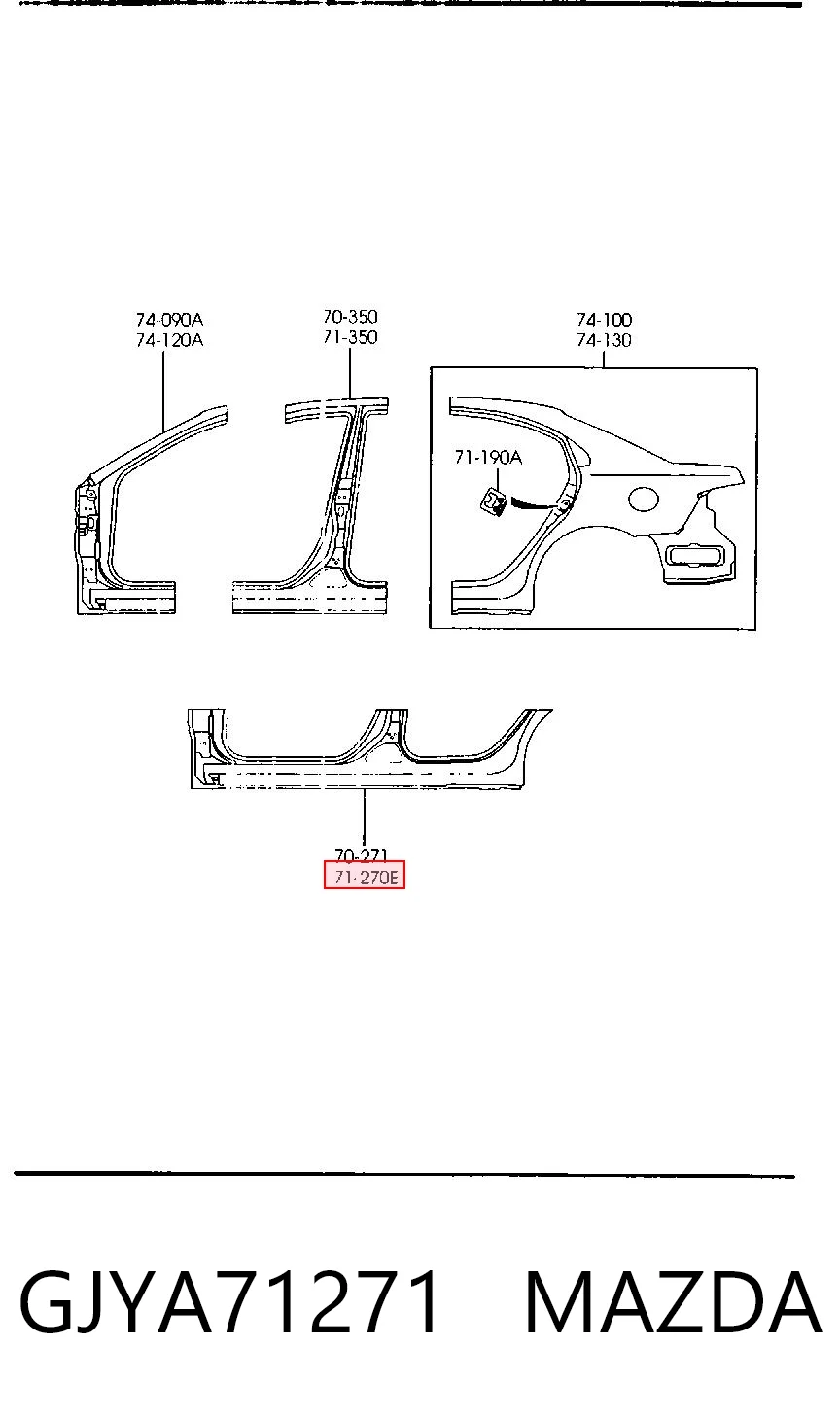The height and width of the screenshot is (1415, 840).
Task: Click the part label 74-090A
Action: (x=169, y=320)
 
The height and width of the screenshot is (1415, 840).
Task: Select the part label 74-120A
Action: (x=169, y=340)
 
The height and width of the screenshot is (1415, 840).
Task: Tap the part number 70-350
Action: (x=350, y=317)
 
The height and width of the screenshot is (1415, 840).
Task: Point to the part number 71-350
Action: (x=350, y=337)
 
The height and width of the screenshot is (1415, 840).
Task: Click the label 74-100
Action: (x=604, y=320)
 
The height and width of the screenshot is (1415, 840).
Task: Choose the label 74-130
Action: (x=604, y=340)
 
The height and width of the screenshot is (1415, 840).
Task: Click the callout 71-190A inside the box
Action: (x=488, y=457)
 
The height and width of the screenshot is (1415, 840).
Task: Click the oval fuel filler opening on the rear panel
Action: (x=644, y=500)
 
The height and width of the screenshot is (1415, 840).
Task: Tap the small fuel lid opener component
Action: (x=494, y=503)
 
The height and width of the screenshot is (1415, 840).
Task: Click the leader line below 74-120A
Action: (x=163, y=392)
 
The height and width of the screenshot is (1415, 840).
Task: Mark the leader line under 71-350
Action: (x=350, y=373)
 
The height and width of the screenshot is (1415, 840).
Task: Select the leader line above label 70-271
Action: (x=364, y=818)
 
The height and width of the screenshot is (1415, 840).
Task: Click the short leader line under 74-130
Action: (x=603, y=360)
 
